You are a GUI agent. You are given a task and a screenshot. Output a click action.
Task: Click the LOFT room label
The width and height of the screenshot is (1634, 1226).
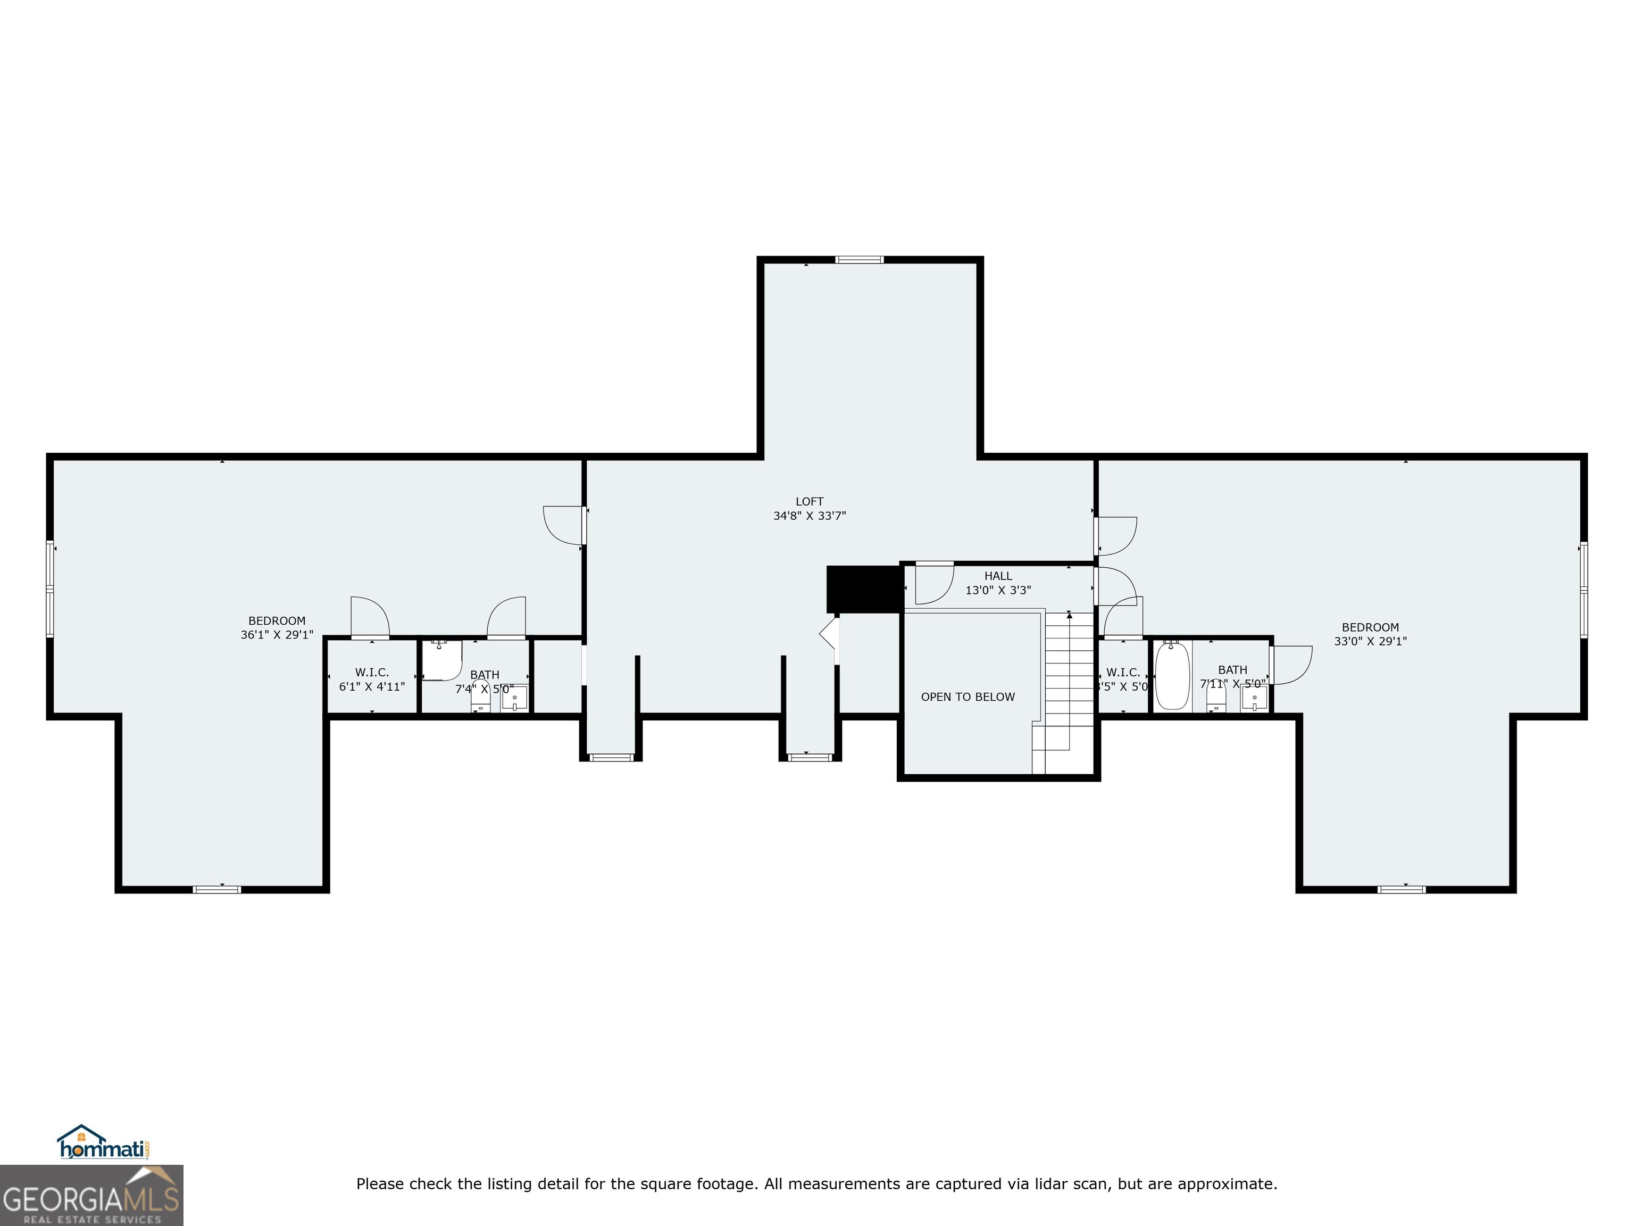tap(809, 502)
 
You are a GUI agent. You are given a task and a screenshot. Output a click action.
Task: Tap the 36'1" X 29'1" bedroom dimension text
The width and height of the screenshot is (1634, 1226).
tap(277, 635)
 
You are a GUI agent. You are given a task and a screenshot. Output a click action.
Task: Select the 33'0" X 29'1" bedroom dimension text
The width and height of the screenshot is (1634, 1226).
tap(1370, 641)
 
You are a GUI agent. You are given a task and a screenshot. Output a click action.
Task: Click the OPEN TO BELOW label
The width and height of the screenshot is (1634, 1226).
tap(968, 697)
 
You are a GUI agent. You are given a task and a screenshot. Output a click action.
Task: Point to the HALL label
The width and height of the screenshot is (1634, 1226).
tap(998, 576)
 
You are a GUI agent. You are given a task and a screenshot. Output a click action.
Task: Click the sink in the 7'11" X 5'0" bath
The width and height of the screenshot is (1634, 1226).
tap(1254, 697)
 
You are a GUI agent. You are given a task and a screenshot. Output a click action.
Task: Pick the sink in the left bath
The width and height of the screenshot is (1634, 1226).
tap(514, 698)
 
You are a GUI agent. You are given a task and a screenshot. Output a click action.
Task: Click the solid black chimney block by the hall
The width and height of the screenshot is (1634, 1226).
tap(863, 589)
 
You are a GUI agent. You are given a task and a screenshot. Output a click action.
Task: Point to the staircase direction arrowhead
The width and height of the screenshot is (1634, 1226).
tap(1069, 614)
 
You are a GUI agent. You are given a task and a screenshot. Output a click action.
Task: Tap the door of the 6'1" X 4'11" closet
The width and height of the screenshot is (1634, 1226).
tap(369, 618)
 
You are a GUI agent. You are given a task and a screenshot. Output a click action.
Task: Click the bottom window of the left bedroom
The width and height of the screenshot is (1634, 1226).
tap(216, 889)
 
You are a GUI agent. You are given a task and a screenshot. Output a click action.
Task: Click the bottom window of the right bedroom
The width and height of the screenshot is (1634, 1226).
tap(1402, 889)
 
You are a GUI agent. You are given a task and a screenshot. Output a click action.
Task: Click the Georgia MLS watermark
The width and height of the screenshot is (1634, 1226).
tap(91, 1195)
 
